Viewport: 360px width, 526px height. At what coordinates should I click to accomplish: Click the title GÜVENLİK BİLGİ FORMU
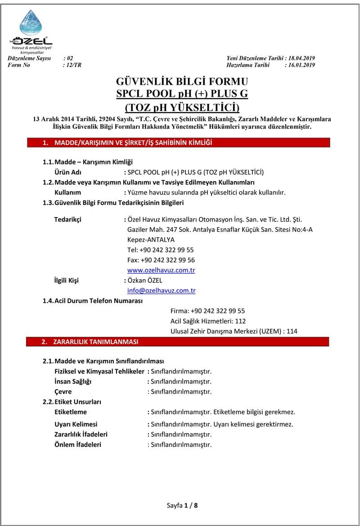point(182,82)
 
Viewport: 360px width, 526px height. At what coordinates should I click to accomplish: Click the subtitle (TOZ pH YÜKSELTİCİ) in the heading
point(182,108)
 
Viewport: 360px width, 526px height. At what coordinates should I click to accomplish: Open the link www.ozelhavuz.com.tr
point(161,270)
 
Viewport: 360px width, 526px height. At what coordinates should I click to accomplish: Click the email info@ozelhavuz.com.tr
point(161,290)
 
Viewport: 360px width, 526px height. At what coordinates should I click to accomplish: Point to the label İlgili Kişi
point(66,281)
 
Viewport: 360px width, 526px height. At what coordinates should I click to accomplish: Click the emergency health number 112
point(241,321)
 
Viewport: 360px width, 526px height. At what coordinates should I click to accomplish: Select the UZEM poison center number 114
point(292,331)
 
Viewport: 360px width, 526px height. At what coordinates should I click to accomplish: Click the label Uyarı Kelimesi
point(76,424)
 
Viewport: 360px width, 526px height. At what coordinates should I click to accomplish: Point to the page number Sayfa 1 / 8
point(182,505)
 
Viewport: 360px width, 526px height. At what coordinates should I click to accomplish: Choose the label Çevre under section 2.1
point(63,392)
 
